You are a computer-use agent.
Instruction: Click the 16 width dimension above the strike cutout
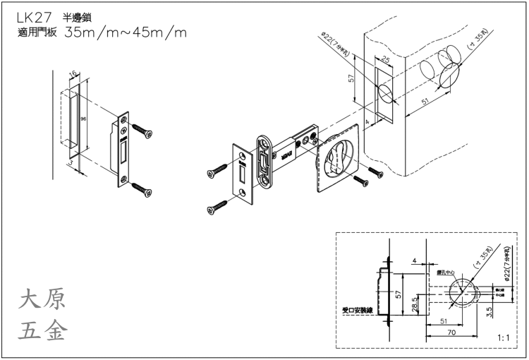click(73, 73)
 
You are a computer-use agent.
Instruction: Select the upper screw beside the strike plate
click(141, 131)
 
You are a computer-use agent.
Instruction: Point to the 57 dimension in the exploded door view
click(352, 79)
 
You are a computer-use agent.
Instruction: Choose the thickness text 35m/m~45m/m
click(126, 32)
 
